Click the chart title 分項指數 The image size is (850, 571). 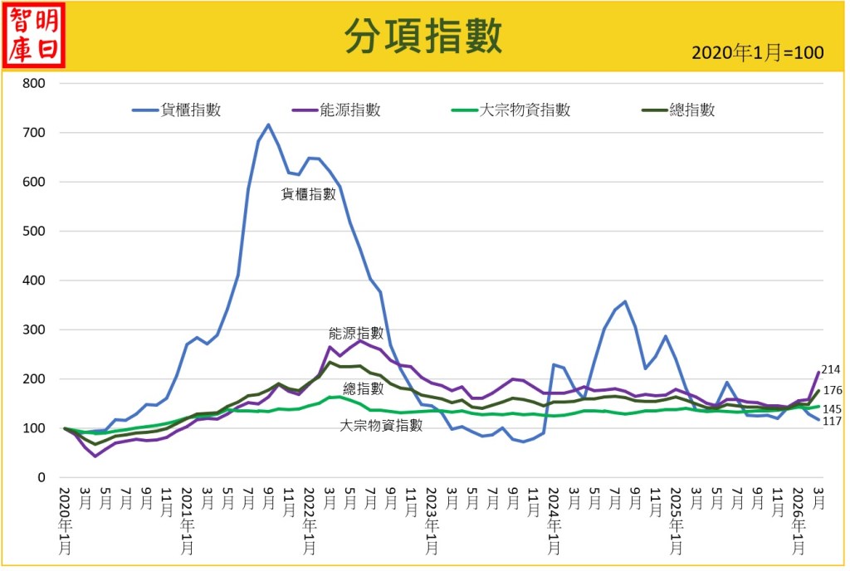pyautogui.click(x=423, y=36)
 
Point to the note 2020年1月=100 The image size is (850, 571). pyautogui.click(x=757, y=53)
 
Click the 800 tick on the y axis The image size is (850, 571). pyautogui.click(x=34, y=84)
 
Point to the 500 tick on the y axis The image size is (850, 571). pyautogui.click(x=34, y=232)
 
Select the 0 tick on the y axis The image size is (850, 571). pyautogui.click(x=41, y=478)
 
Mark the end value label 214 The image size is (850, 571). pyautogui.click(x=831, y=370)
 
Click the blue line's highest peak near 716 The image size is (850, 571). pyautogui.click(x=268, y=125)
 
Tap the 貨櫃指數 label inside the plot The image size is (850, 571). pyautogui.click(x=309, y=194)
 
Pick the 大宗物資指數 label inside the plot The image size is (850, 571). pyautogui.click(x=382, y=425)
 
